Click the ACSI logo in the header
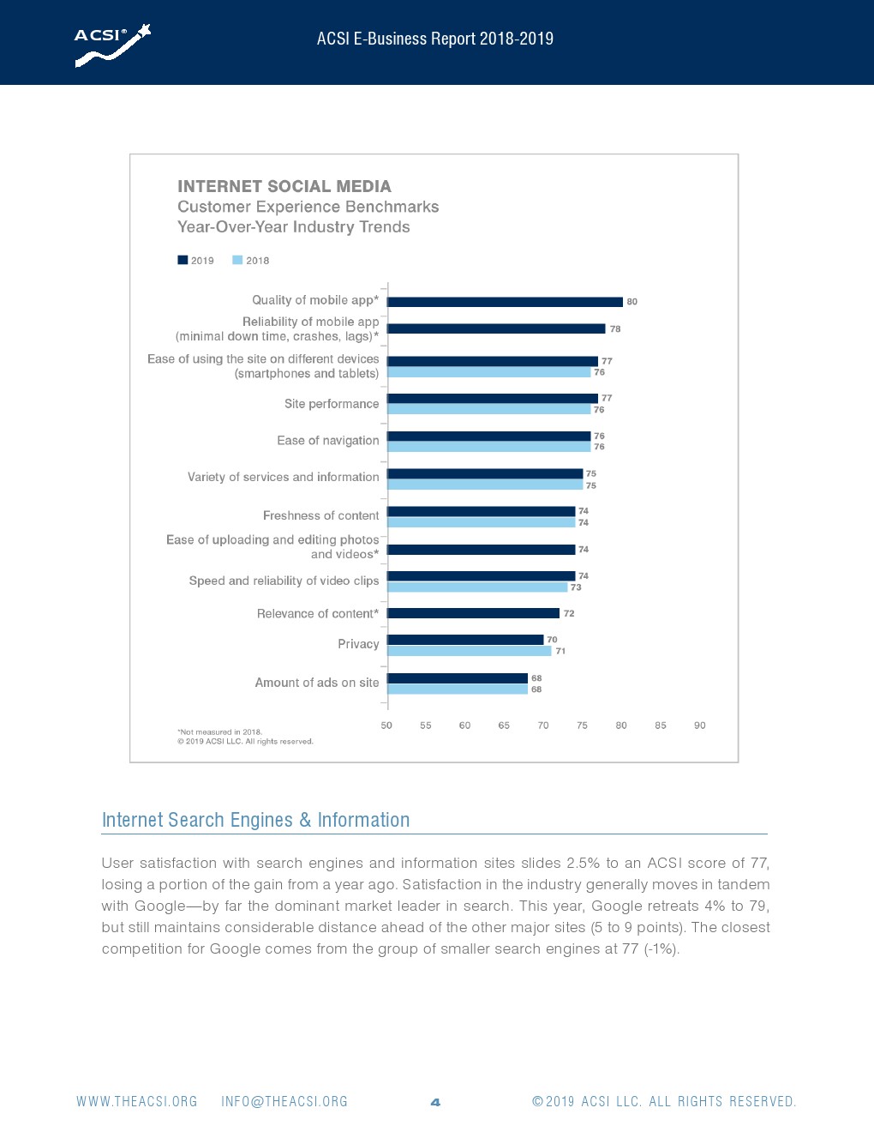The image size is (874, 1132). click(x=112, y=45)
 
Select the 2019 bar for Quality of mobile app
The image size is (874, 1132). click(x=505, y=302)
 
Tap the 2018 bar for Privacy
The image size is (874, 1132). click(x=469, y=652)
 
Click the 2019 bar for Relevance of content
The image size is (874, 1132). click(x=473, y=613)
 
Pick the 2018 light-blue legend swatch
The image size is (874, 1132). click(x=237, y=260)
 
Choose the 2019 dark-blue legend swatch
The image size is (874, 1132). click(x=183, y=260)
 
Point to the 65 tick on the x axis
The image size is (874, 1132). click(x=504, y=726)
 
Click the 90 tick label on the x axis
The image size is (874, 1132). click(x=700, y=726)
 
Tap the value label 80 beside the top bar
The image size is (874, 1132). click(x=632, y=302)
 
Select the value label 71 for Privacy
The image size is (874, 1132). click(x=560, y=651)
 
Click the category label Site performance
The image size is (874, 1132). click(x=332, y=404)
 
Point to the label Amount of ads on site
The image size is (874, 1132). click(x=317, y=683)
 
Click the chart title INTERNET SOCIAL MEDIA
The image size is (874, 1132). click(x=284, y=186)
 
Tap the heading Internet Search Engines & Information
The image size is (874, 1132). click(x=255, y=820)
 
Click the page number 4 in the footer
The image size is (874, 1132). click(x=435, y=1102)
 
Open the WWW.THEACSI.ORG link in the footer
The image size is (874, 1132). click(x=137, y=1102)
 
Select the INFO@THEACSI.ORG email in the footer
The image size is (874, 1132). click(x=284, y=1102)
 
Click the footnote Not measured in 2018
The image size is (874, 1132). click(x=220, y=732)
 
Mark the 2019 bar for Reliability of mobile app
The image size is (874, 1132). click(x=496, y=328)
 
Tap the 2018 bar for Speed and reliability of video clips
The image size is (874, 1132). click(x=477, y=587)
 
